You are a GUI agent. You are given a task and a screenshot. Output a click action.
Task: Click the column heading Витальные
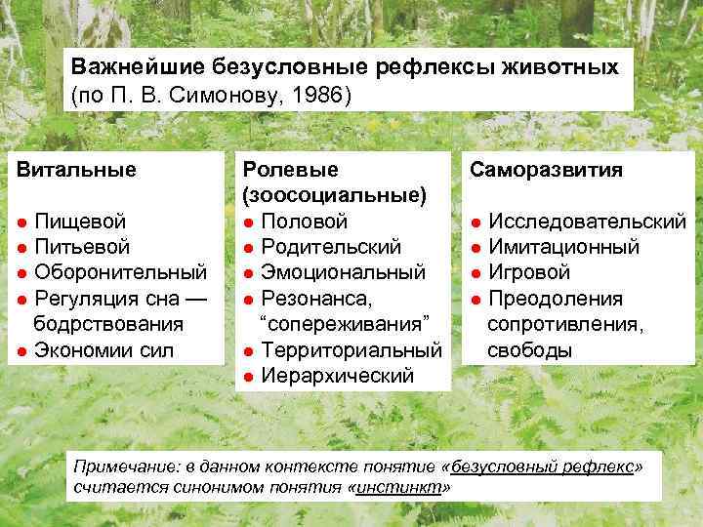75,169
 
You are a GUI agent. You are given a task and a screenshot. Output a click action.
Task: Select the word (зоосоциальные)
334,195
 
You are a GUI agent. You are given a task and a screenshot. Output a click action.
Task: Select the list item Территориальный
351,349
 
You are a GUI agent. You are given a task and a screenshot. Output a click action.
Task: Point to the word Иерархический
338,375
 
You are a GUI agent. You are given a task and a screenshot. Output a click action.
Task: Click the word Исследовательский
586,222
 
